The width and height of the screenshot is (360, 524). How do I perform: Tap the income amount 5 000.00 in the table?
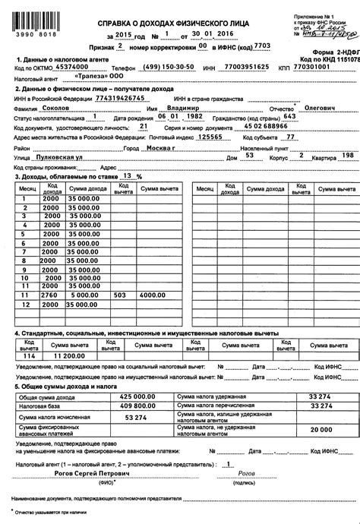pyautogui.click(x=84, y=294)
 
